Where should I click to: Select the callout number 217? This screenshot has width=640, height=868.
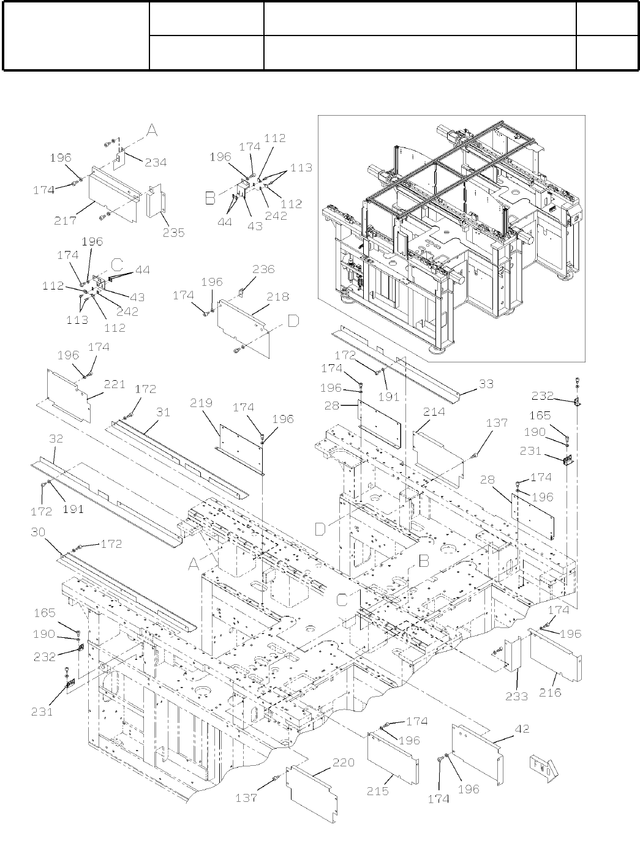[x=65, y=220]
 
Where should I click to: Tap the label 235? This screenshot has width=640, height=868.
[x=173, y=233]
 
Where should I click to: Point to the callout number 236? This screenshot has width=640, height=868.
[x=263, y=269]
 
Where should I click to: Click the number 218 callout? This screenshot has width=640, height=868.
[x=277, y=297]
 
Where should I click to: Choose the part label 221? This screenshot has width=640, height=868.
[x=114, y=384]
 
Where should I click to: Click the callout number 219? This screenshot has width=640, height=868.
[x=201, y=403]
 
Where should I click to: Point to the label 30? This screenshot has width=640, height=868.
[x=38, y=533]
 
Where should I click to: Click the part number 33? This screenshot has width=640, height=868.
[x=486, y=385]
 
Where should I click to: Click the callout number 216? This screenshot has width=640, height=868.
[x=550, y=692]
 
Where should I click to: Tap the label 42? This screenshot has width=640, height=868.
[x=522, y=729]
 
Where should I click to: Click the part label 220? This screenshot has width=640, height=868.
[x=344, y=763]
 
